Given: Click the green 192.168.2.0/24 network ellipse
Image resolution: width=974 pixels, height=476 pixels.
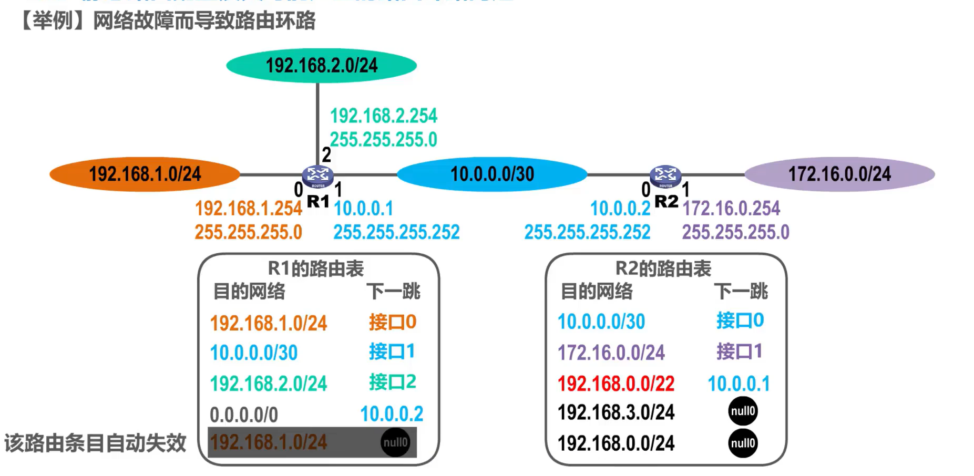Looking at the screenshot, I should tap(321, 66).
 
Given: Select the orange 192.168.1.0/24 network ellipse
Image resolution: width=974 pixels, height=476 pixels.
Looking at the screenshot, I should tap(145, 174).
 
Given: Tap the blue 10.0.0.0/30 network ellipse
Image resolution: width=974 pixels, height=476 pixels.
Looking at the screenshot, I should tap(492, 174).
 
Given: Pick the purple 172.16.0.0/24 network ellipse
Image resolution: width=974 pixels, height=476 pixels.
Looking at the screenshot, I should tap(839, 174).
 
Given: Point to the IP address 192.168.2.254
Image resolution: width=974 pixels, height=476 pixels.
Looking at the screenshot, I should tap(383, 116).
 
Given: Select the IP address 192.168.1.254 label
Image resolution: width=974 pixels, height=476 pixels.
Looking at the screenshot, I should tap(248, 209).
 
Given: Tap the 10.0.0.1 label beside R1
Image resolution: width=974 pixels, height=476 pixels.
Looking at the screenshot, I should tap(363, 209).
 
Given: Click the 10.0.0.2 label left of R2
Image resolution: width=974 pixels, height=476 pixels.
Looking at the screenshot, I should tap(620, 209).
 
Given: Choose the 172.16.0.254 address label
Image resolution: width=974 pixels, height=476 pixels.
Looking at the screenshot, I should tap(731, 209).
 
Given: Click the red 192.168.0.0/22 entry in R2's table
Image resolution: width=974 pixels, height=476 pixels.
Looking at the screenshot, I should tap(616, 384).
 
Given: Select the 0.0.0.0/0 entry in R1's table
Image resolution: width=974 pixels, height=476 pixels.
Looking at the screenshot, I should tap(243, 415).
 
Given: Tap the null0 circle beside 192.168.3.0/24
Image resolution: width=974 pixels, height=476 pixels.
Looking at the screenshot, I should tap(743, 411).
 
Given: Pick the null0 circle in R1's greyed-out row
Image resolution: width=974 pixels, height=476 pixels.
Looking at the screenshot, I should tap(395, 442).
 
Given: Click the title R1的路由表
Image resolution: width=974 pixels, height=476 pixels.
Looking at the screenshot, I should tap(315, 268).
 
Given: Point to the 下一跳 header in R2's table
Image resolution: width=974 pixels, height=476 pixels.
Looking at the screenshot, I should tap(741, 291).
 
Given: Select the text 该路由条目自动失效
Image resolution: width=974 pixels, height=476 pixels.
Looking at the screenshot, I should tap(95, 443).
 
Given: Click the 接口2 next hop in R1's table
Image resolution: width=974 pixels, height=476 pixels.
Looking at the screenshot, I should tap(392, 382).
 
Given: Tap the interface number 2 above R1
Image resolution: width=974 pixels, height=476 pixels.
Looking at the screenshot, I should tap(326, 155).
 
